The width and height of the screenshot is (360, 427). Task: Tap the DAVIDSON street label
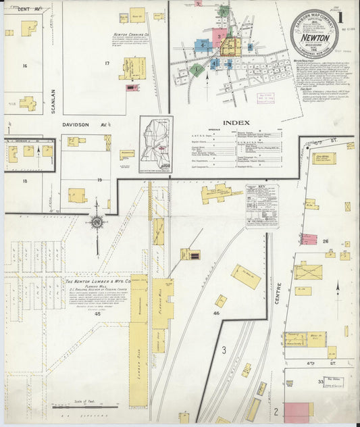70,125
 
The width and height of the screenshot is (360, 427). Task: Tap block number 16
24,66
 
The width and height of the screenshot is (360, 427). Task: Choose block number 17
106,63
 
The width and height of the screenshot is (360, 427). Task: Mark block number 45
97,313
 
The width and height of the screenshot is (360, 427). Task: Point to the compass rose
97,224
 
